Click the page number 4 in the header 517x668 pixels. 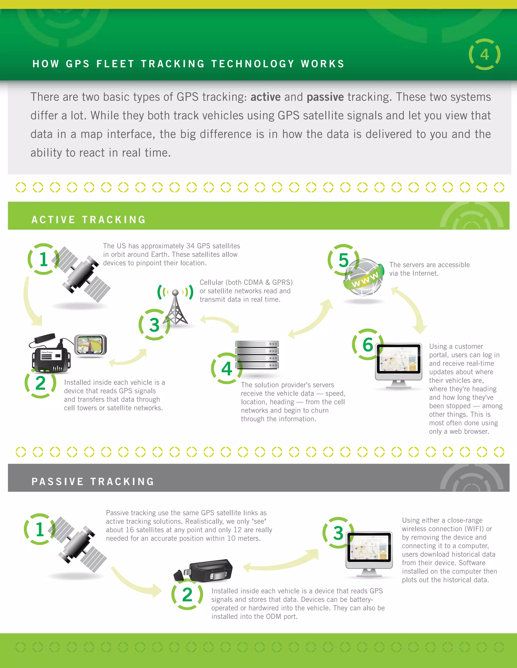click(x=484, y=54)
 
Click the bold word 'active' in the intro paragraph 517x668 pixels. click(x=266, y=97)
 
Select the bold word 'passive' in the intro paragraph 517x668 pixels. click(x=325, y=97)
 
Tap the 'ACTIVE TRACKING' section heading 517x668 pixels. click(x=89, y=220)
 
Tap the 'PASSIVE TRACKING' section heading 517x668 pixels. click(x=93, y=481)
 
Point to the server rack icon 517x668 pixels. click(x=257, y=355)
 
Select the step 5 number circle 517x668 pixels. click(x=343, y=260)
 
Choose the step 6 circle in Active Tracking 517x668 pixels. click(x=368, y=344)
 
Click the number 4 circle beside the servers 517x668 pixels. click(x=227, y=368)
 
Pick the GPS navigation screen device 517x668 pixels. click(x=90, y=345)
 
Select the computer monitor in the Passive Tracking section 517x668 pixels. click(x=369, y=554)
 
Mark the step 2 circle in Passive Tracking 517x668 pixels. click(x=187, y=595)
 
